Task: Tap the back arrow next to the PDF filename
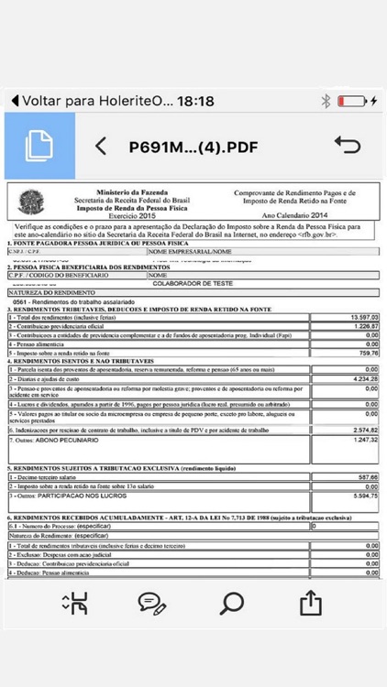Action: click(x=102, y=146)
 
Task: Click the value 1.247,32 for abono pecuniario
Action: click(x=362, y=440)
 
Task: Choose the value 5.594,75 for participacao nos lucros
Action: click(x=362, y=495)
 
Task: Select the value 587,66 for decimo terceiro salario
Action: click(x=365, y=477)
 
